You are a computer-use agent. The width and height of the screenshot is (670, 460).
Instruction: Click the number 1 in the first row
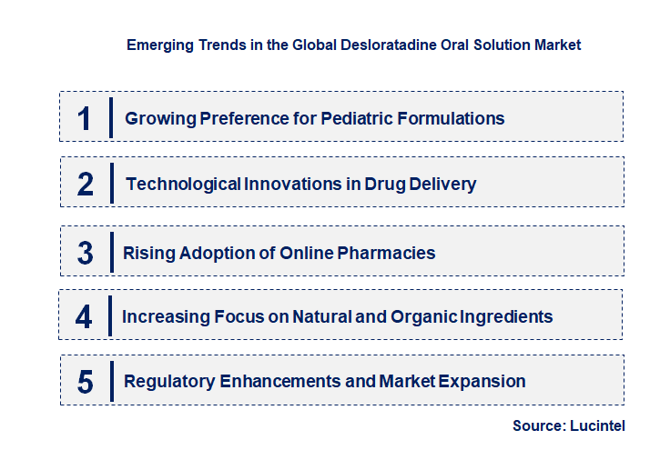click(85, 118)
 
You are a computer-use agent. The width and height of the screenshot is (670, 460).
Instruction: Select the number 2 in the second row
click(86, 185)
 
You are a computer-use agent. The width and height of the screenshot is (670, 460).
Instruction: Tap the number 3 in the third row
click(85, 253)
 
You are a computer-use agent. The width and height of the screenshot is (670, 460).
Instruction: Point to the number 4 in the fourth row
click(84, 317)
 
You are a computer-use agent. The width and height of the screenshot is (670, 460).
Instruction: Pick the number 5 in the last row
click(85, 382)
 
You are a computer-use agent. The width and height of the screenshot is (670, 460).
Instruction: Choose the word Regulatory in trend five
click(168, 381)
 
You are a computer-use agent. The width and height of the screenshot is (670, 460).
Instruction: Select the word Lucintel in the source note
click(599, 425)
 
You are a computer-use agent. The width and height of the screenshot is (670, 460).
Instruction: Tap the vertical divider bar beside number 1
click(110, 117)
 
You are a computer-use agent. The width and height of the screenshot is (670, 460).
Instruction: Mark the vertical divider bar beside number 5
click(110, 380)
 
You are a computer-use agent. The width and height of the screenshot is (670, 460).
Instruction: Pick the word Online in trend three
click(310, 253)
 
